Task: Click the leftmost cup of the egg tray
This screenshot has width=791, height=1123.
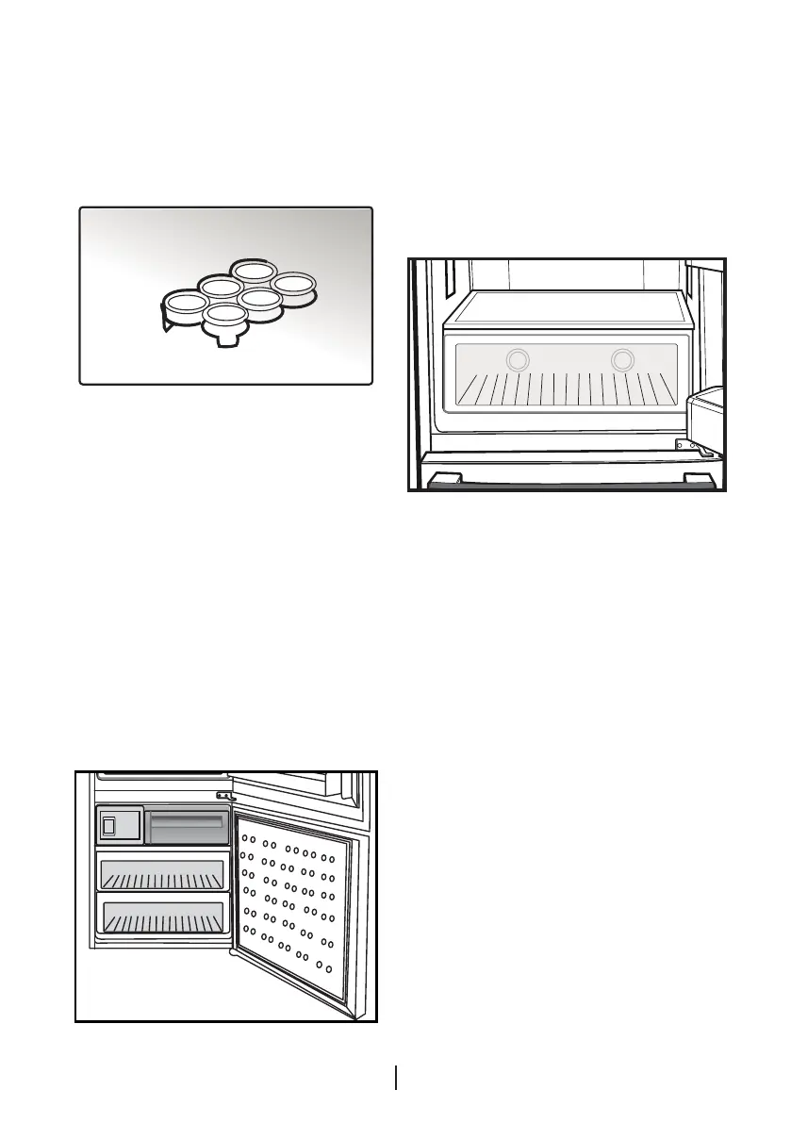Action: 182,303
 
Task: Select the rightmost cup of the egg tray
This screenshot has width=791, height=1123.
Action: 295,283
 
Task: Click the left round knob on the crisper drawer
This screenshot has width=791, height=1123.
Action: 517,359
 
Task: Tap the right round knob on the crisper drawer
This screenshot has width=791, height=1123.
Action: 621,359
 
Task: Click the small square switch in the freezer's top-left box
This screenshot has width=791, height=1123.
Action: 108,827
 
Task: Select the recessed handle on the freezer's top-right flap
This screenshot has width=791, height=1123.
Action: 188,823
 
